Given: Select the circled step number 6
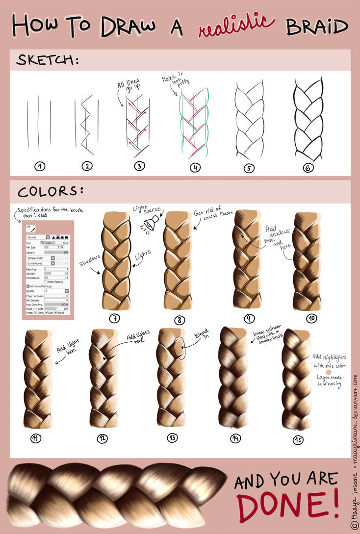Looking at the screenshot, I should [308, 168].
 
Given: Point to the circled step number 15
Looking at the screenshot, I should [298, 440].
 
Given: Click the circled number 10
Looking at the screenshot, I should [311, 319].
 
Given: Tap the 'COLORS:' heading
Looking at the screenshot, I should [50, 190].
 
